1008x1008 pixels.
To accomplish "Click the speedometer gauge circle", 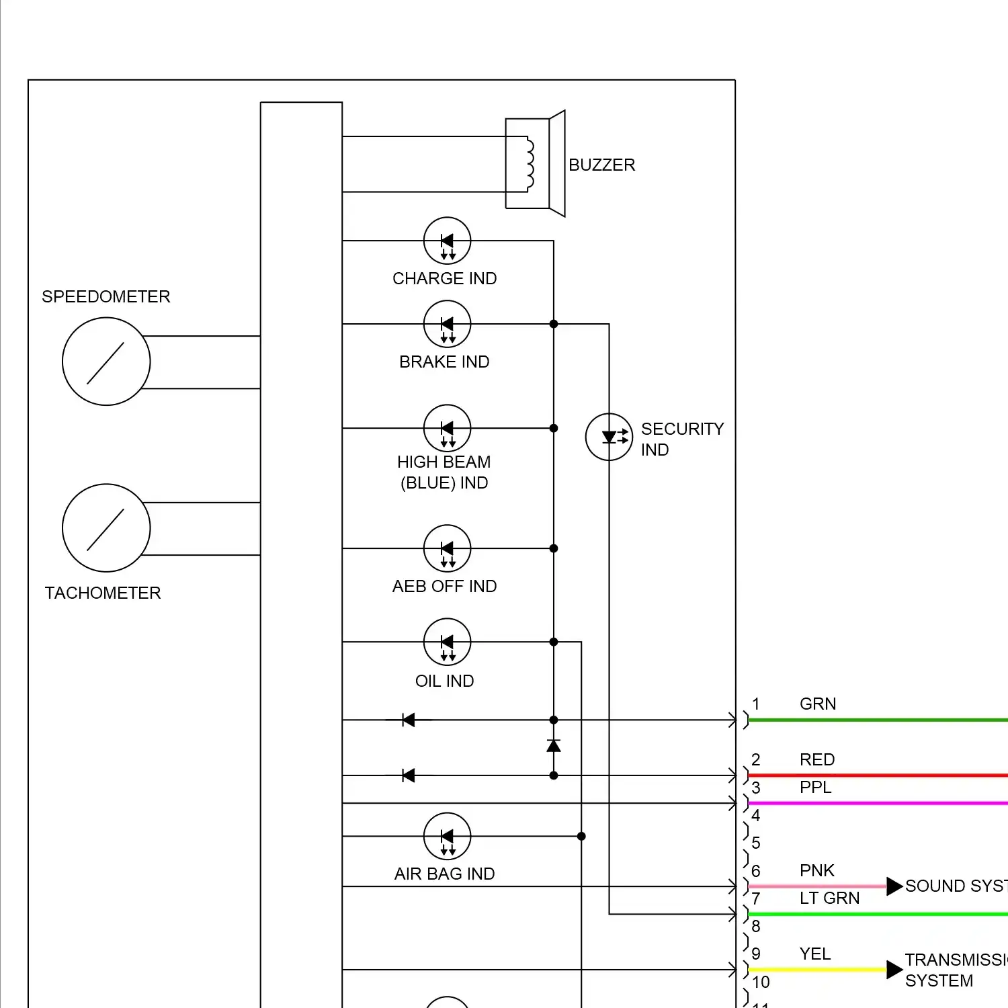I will [x=106, y=362].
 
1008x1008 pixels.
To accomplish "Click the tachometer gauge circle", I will [x=106, y=528].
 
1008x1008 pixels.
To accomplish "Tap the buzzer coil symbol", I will [x=530, y=164].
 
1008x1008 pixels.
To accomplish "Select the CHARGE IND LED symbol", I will [x=447, y=241].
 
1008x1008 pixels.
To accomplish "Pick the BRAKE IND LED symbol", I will [x=447, y=324].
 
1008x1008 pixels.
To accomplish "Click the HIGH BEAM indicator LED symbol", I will [x=447, y=428].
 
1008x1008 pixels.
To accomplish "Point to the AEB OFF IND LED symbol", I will [x=447, y=548].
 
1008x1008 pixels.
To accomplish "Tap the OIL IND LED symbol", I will [x=447, y=642].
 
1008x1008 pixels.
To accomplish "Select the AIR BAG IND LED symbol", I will [x=447, y=836].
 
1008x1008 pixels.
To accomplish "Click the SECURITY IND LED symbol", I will [x=609, y=437].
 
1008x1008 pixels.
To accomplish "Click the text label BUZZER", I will [x=601, y=165].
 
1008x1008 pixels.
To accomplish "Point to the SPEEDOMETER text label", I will [x=106, y=296].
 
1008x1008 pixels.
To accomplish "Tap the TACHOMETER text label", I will [x=103, y=593].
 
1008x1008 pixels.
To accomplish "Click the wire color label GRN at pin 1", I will [x=818, y=704].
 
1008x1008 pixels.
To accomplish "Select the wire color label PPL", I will [x=815, y=787].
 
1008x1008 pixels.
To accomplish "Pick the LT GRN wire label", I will [x=829, y=898].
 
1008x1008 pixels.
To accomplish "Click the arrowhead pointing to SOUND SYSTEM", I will [x=894, y=886].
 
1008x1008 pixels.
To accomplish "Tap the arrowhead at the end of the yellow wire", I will [x=894, y=970].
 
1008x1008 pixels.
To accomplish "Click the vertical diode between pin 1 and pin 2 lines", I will [x=554, y=746].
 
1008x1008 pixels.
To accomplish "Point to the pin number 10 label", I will [x=761, y=982].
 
